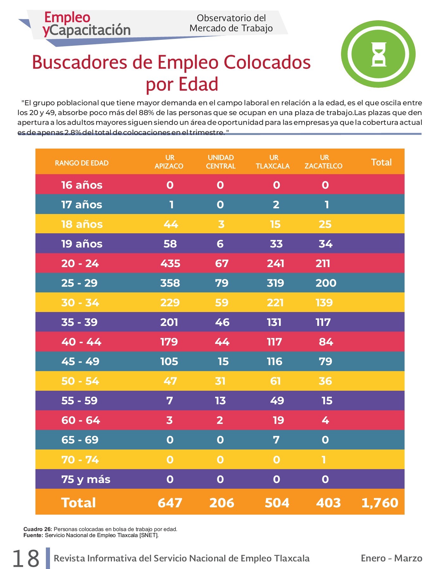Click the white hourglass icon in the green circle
379,54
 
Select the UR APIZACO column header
169,162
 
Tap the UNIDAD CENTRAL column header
221,162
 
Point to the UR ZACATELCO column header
324,162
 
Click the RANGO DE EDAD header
82,163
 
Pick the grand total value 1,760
380,503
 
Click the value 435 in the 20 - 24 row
170,263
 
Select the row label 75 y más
86,479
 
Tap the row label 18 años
82,224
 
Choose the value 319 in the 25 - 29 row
276,283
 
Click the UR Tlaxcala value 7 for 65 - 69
276,440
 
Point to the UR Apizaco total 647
170,503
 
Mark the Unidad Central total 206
222,503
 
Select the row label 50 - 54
80,381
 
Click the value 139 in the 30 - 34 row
324,303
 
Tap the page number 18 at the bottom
26,558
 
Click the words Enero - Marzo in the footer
392,558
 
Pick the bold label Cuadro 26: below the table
38,529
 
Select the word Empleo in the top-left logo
67,17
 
